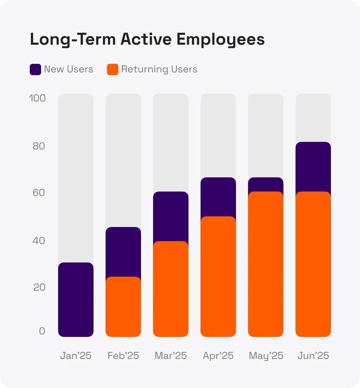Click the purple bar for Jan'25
(x=76, y=300)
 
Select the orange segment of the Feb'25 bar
(x=123, y=307)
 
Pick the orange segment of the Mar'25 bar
(x=171, y=289)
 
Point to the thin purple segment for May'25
(x=266, y=184)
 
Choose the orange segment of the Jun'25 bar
(x=313, y=264)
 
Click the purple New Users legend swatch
(x=35, y=70)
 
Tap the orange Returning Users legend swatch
(x=112, y=70)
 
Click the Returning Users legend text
(x=159, y=69)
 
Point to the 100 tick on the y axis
(x=38, y=98)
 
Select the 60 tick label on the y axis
(x=39, y=193)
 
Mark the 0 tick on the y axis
(x=42, y=331)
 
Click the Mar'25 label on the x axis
(x=171, y=356)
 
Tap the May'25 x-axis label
(x=266, y=356)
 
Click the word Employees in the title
(x=220, y=40)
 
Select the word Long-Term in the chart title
(x=73, y=39)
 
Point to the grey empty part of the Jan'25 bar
(x=76, y=177)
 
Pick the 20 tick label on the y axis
(x=39, y=287)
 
